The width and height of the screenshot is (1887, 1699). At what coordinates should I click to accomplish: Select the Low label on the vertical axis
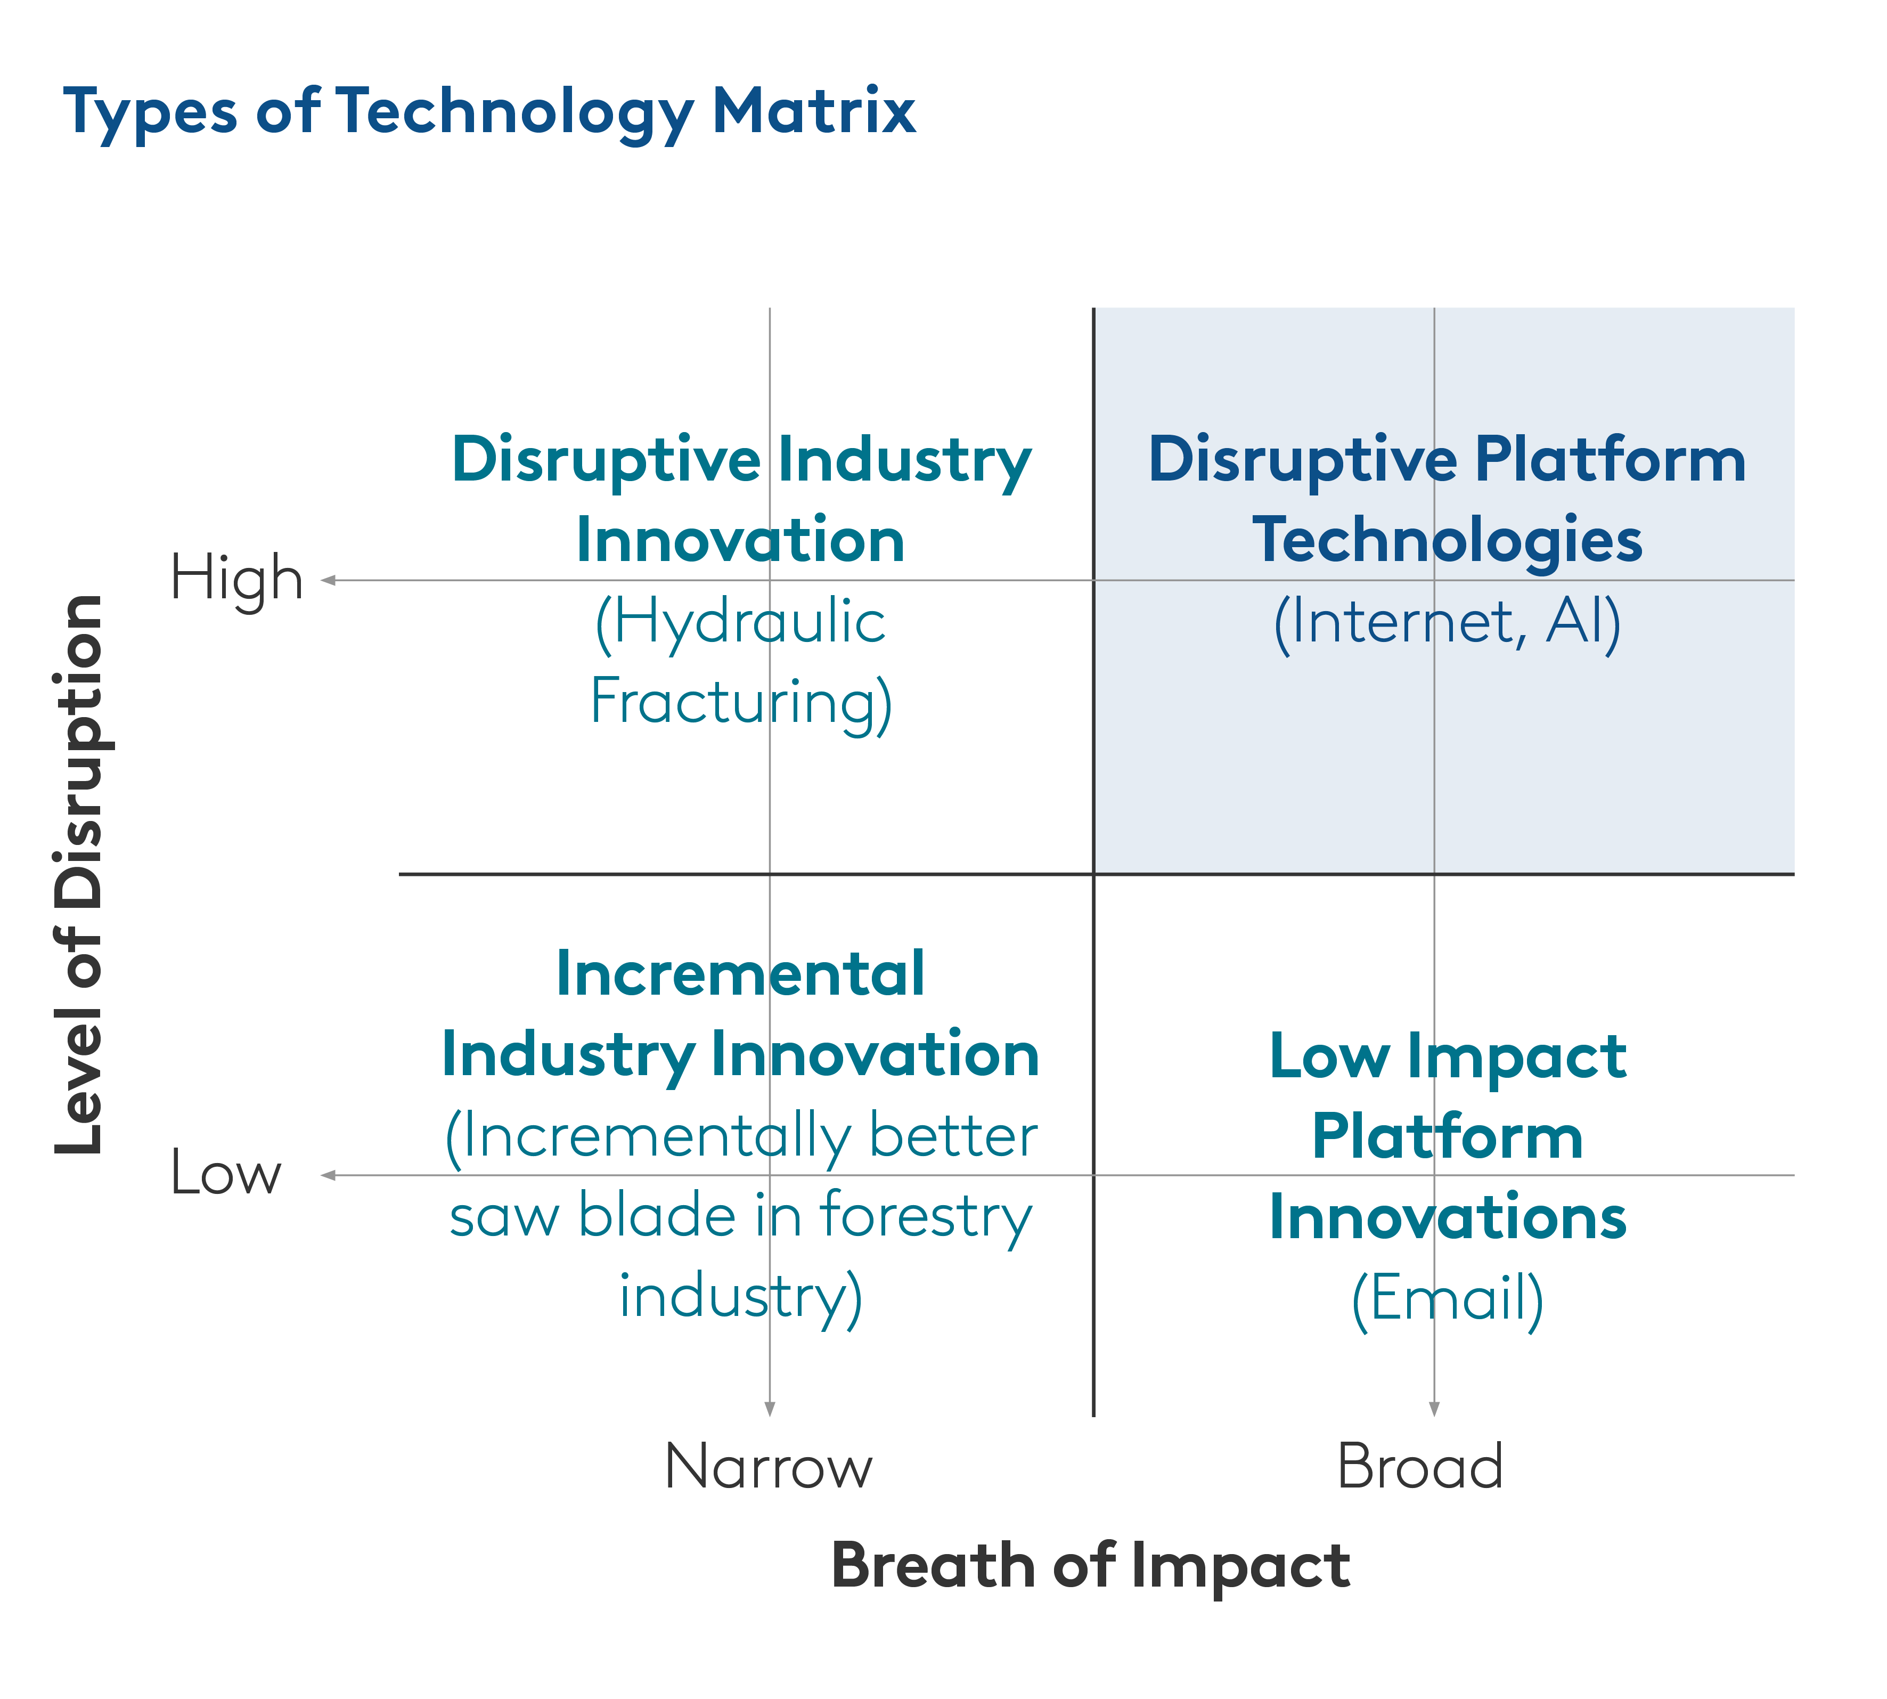(x=226, y=1174)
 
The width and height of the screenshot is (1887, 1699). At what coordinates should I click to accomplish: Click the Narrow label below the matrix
(x=768, y=1467)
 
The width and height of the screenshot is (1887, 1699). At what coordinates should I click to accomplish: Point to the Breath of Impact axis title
(x=1090, y=1565)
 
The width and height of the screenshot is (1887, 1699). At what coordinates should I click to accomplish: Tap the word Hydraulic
(x=741, y=623)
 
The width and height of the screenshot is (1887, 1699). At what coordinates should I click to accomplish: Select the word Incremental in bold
(x=741, y=974)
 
